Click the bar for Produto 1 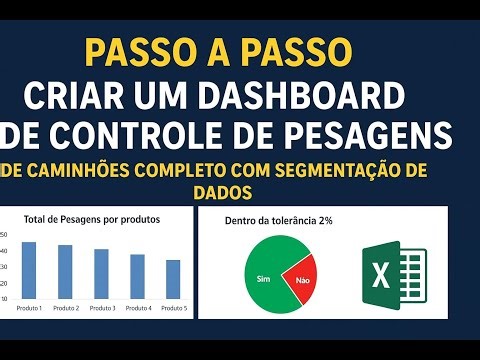coord(29,270)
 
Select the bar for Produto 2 coord(65,271)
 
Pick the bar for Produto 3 coord(101,273)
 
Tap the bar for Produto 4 coord(137,276)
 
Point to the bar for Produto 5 coord(173,279)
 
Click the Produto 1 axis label coord(29,307)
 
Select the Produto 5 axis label coord(173,307)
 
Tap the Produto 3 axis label coord(101,307)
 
